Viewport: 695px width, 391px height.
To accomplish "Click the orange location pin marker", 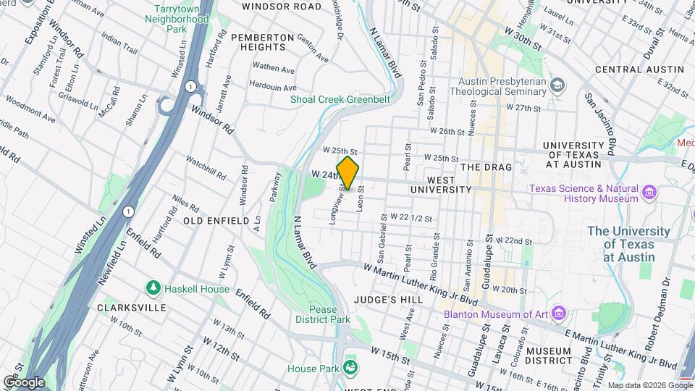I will tap(347, 173).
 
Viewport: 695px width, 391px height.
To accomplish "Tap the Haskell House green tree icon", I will tap(153, 289).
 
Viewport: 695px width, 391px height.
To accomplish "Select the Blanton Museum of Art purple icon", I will tap(558, 314).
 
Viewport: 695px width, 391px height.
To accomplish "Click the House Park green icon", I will tap(350, 368).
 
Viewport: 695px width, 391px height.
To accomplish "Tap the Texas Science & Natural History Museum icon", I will tap(649, 193).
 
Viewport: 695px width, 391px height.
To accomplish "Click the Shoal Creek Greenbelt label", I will tap(340, 99).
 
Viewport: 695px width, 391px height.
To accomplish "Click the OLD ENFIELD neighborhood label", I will tap(216, 220).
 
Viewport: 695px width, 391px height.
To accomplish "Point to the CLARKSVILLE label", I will tap(127, 307).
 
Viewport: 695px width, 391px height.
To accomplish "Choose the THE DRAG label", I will tap(486, 167).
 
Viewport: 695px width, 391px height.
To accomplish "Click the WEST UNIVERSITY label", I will tap(440, 184).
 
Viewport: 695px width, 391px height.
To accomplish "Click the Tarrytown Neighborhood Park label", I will tap(181, 18).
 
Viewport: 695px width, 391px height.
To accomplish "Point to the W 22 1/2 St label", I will tap(410, 216).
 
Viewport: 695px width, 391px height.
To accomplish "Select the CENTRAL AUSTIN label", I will tap(639, 70).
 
